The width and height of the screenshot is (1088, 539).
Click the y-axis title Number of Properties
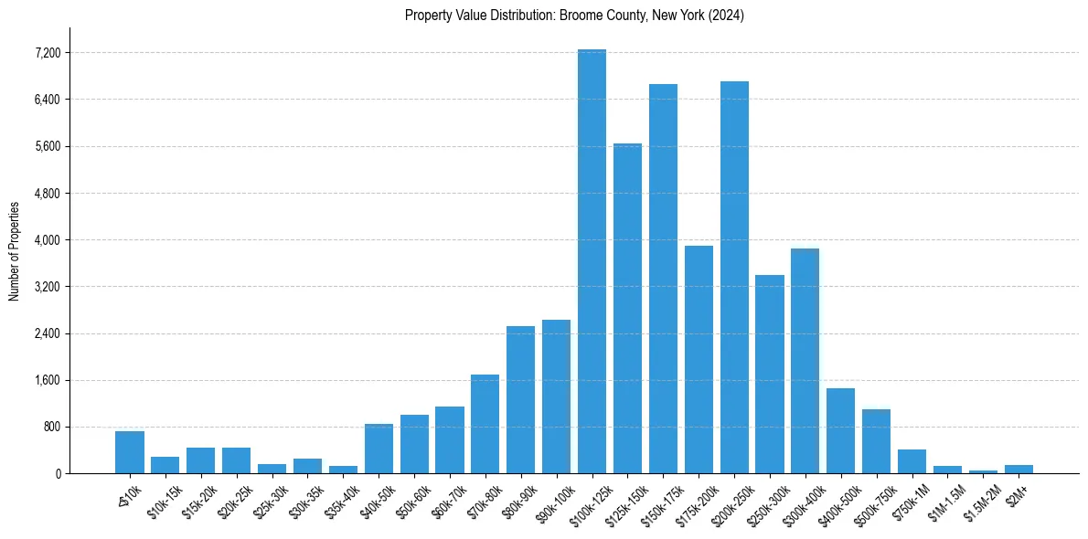(x=14, y=251)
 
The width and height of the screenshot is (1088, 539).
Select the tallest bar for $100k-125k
(x=592, y=261)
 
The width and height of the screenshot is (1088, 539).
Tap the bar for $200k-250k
(x=734, y=277)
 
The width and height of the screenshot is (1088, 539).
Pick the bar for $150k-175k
(x=663, y=279)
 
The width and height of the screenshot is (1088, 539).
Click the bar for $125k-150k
(x=627, y=308)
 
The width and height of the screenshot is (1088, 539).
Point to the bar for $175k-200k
(x=699, y=359)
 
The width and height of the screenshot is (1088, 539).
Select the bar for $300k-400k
(x=805, y=361)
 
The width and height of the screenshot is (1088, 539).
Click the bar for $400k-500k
(x=840, y=430)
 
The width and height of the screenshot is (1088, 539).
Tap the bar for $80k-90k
(x=520, y=399)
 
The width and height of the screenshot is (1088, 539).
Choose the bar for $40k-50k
(x=379, y=449)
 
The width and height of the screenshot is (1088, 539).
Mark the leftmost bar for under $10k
(x=130, y=452)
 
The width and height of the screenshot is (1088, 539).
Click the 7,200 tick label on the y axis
(x=47, y=53)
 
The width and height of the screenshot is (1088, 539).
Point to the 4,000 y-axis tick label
(x=47, y=240)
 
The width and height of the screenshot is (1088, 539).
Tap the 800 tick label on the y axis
(x=50, y=427)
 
